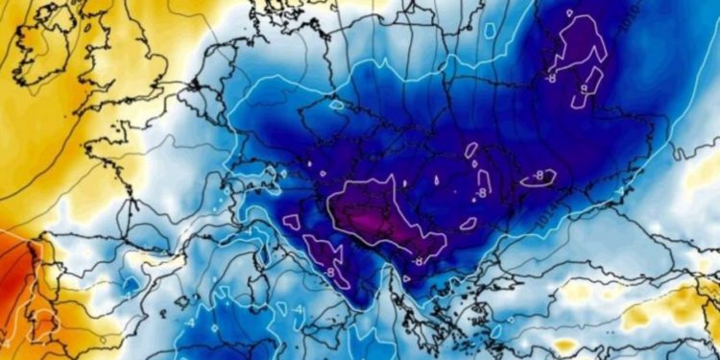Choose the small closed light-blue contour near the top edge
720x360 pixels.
pyautogui.click(x=491, y=30)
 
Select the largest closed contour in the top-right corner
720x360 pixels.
pyautogui.click(x=579, y=43)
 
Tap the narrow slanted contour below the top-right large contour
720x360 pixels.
pyautogui.click(x=588, y=86)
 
